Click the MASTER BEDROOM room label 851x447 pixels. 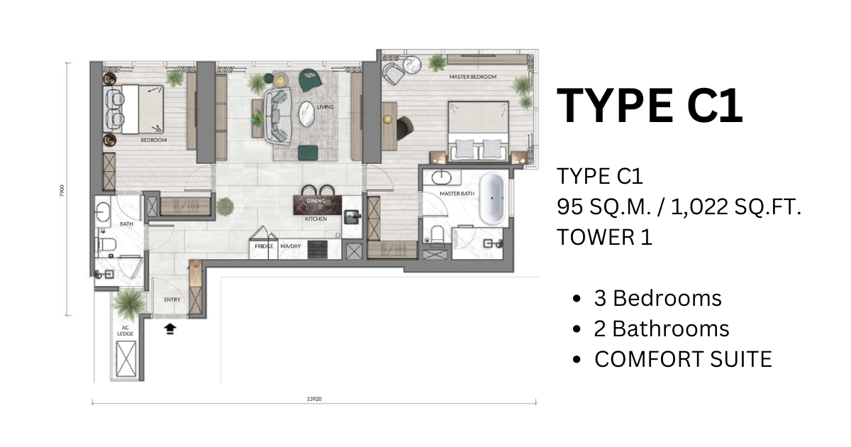point(473,76)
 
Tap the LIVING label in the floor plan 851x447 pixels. point(326,107)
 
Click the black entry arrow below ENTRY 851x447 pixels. point(169,328)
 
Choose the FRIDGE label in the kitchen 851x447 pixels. point(265,246)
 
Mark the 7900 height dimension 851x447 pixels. point(62,189)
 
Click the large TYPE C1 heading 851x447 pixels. point(650,106)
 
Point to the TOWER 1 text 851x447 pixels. point(604,237)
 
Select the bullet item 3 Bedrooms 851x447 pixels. point(657,298)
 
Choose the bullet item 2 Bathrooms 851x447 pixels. point(661,329)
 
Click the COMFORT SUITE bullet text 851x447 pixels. point(682,359)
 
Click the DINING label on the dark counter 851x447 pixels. point(316,202)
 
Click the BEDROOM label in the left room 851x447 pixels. point(153,140)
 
